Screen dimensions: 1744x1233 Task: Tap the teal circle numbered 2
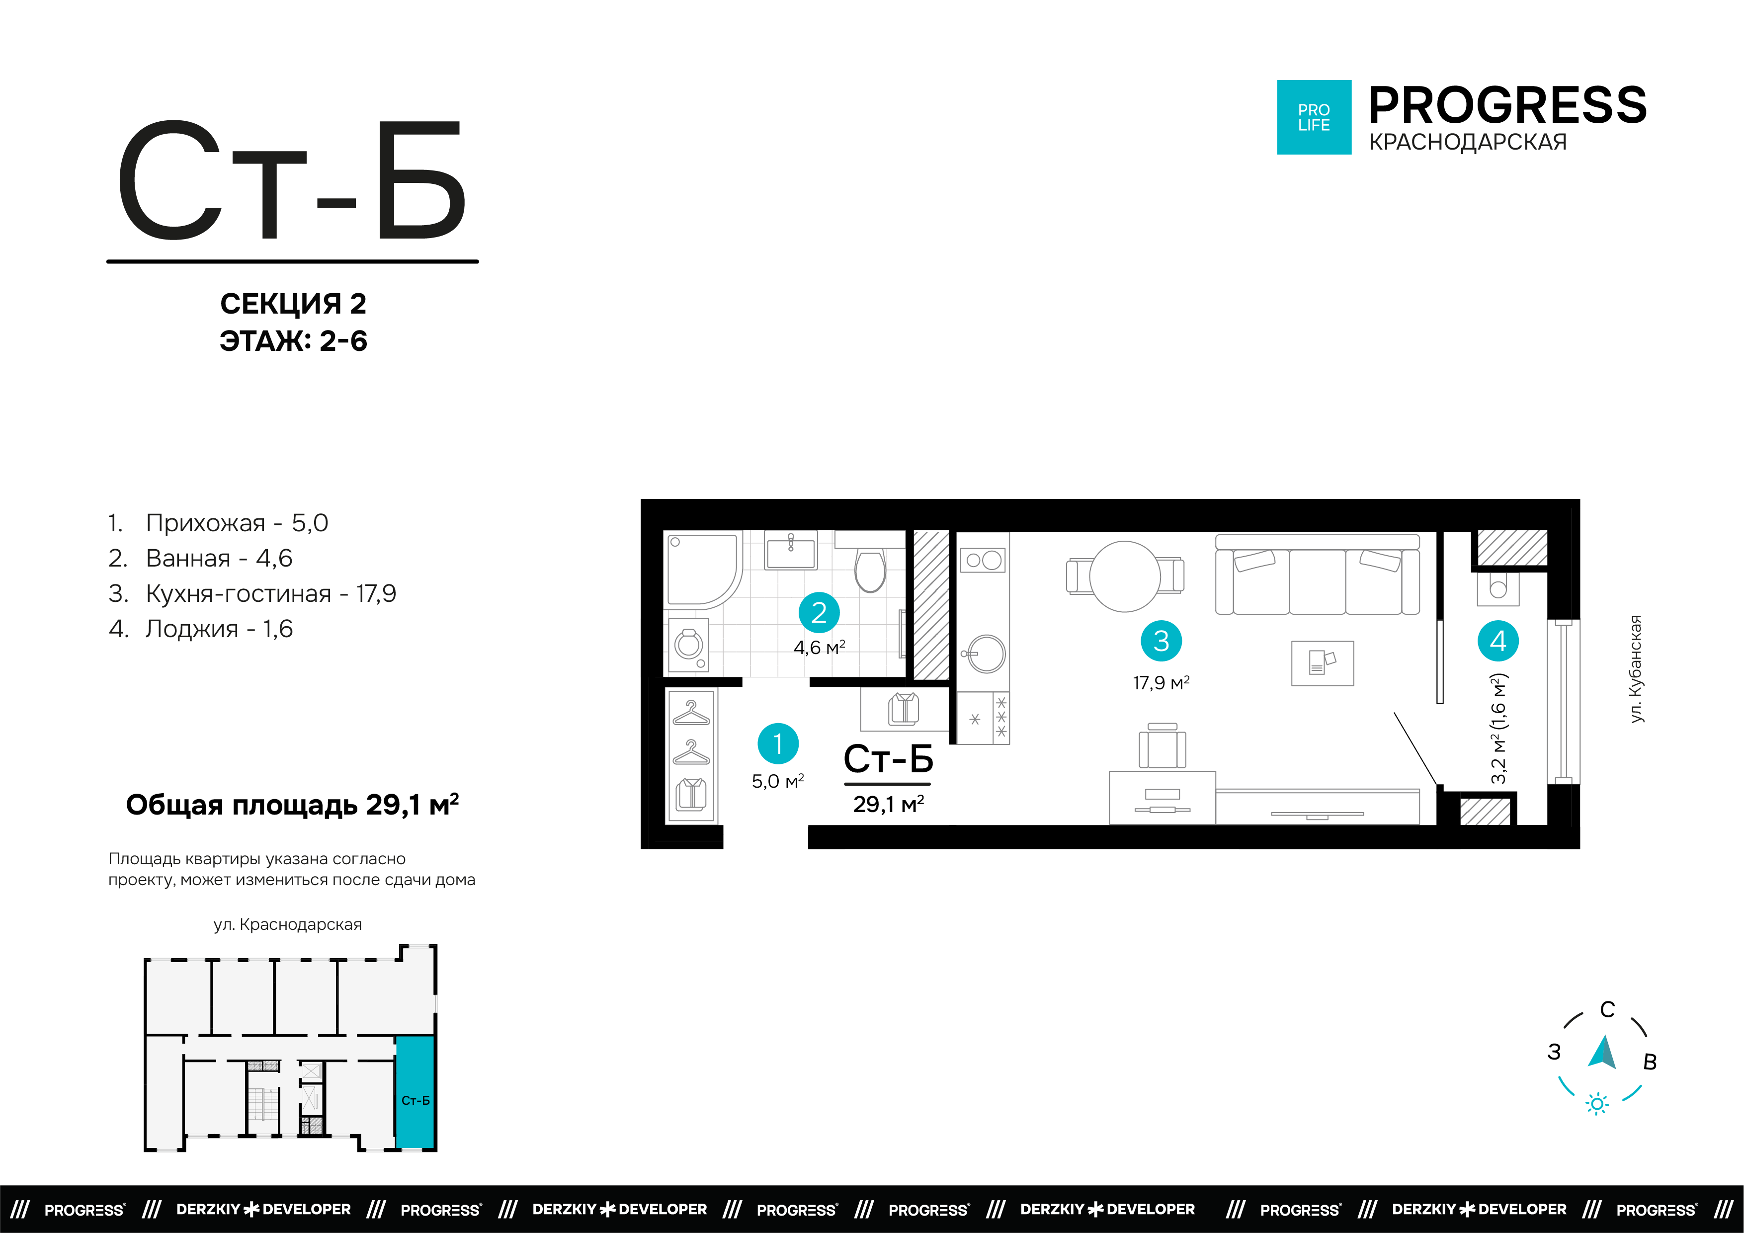(819, 612)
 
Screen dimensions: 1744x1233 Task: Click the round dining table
(1125, 576)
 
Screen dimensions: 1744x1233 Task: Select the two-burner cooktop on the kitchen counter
(984, 561)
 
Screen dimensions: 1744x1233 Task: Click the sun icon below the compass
(1597, 1104)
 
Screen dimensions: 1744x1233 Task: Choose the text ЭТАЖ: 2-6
(293, 341)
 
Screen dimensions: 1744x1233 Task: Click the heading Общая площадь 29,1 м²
(292, 805)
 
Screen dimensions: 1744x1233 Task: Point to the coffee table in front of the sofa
(1323, 663)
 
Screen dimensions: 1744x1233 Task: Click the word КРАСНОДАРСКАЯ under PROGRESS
(1468, 142)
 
